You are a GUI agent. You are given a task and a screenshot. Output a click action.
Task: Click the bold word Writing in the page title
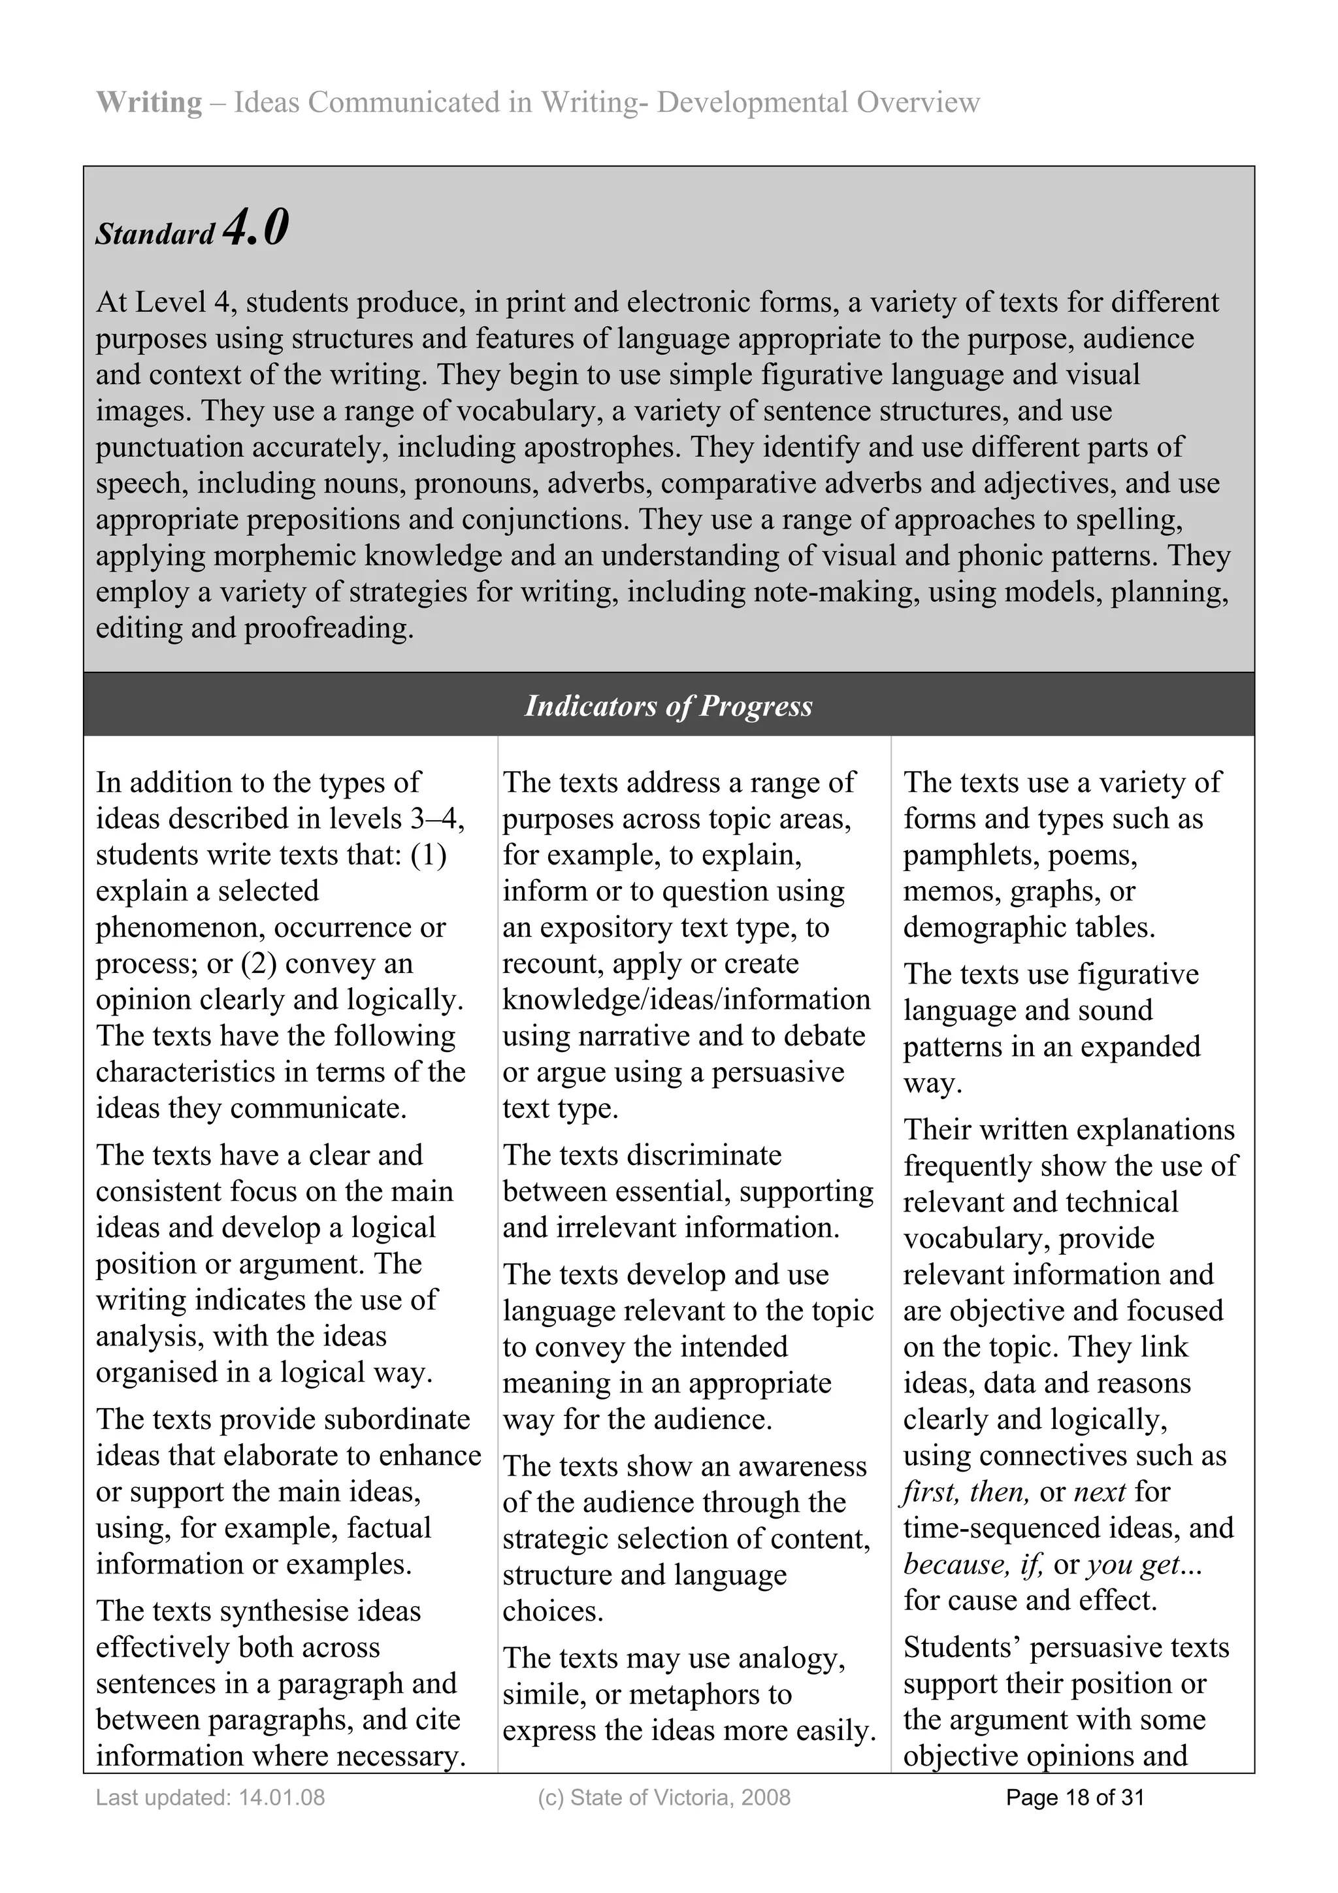pos(148,102)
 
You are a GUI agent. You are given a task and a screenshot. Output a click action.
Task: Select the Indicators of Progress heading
pos(668,706)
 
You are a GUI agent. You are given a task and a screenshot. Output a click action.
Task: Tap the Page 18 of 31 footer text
pos(1075,1798)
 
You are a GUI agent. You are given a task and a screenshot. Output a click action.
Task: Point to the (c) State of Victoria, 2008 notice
pos(664,1798)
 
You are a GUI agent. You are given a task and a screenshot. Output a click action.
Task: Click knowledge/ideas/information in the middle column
pos(686,999)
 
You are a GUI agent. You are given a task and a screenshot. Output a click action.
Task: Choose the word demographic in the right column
pos(981,927)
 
